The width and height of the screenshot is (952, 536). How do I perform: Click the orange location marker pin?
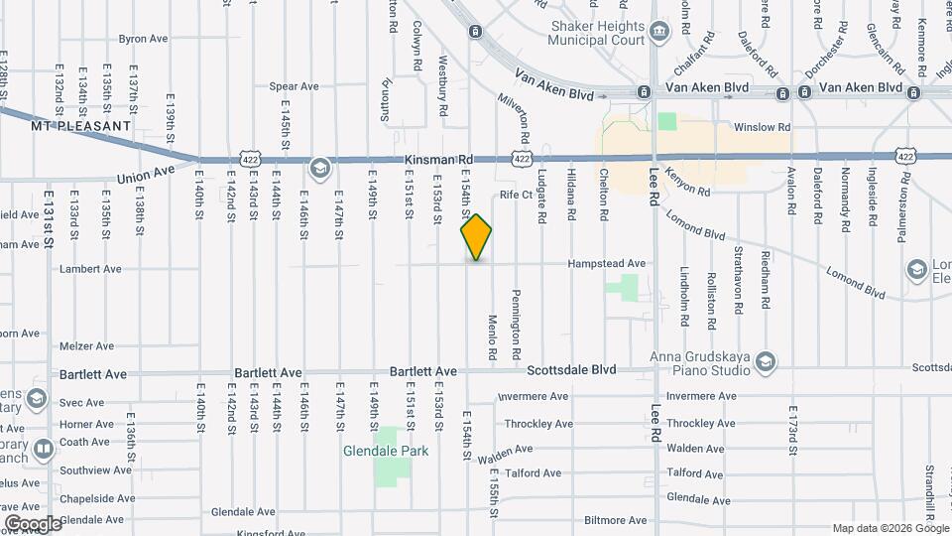click(x=477, y=237)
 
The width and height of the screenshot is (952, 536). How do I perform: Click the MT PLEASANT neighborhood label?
click(x=81, y=126)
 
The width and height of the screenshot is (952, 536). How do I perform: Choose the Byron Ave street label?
click(x=144, y=39)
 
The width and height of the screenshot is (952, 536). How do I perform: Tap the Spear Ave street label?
click(x=295, y=86)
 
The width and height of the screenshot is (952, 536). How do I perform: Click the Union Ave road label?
click(x=146, y=177)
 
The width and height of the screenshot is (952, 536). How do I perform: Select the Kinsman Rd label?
click(x=439, y=159)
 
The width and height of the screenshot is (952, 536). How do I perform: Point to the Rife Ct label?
click(x=517, y=195)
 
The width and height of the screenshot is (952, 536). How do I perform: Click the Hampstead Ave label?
click(x=607, y=264)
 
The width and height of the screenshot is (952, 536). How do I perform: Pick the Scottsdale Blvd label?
click(x=571, y=370)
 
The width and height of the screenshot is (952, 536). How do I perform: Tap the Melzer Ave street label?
click(x=88, y=346)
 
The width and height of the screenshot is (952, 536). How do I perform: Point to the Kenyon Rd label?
click(x=689, y=184)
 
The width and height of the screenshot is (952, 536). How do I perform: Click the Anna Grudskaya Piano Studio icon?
click(x=765, y=360)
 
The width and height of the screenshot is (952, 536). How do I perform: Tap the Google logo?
click(x=33, y=523)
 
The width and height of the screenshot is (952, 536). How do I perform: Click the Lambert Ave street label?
click(x=90, y=268)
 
